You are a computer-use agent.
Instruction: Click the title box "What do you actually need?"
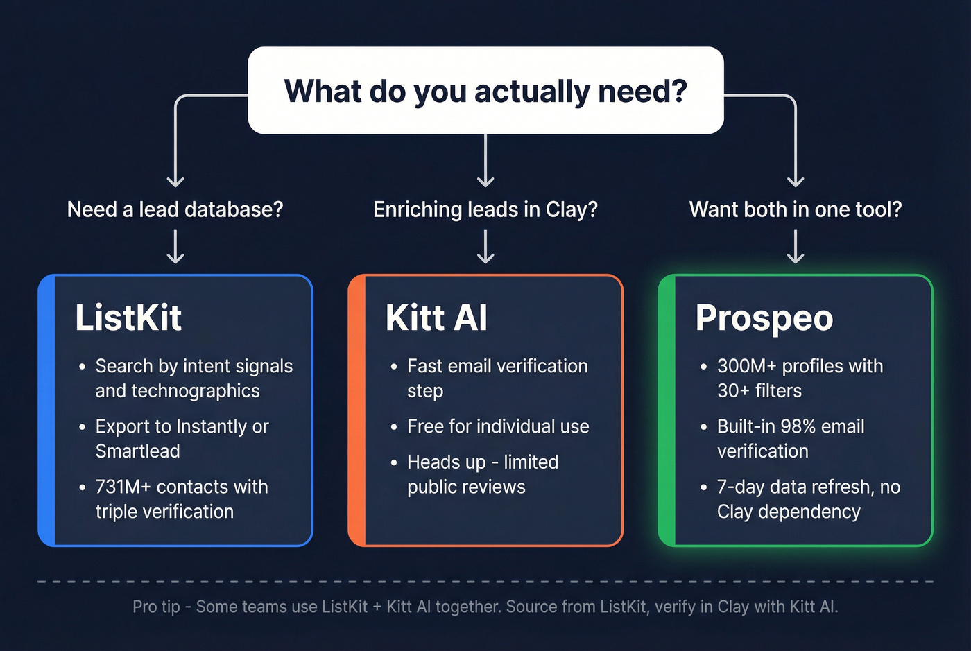click(486, 91)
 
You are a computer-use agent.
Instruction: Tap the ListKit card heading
click(128, 318)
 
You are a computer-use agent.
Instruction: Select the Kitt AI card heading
click(436, 318)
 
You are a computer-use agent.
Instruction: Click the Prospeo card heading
click(764, 318)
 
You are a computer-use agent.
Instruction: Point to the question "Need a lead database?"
click(175, 209)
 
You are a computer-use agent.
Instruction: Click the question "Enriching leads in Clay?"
click(486, 209)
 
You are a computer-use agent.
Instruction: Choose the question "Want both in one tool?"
click(796, 209)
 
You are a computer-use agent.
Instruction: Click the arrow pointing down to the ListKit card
click(175, 247)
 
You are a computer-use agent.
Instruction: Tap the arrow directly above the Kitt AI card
click(486, 247)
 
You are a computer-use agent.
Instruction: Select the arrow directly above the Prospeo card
click(796, 247)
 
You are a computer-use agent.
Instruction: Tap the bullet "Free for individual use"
click(498, 426)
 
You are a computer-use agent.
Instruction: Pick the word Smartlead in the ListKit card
click(137, 451)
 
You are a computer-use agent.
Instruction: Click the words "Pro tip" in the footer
click(156, 607)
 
